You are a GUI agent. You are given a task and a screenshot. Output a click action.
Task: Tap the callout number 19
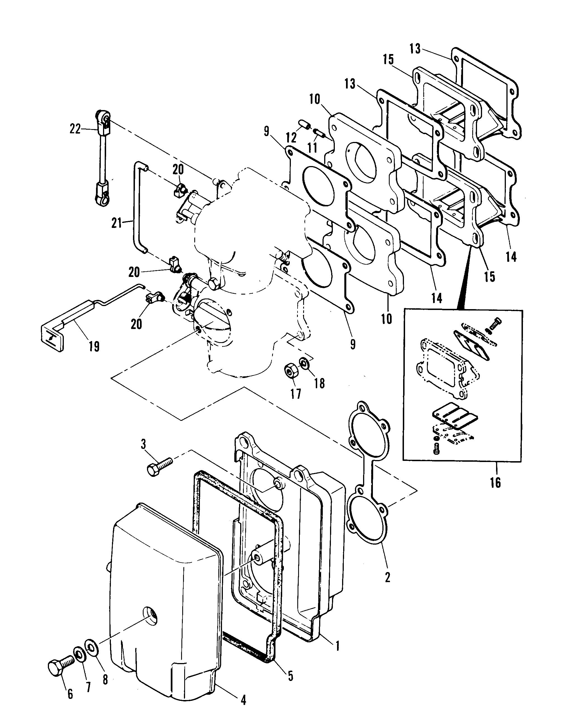click(x=94, y=346)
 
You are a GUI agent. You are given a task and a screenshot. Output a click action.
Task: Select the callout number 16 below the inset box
click(x=495, y=482)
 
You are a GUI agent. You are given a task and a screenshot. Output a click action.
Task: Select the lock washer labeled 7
click(x=80, y=654)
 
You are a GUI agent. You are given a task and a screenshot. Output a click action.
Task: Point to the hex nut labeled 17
click(x=290, y=372)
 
